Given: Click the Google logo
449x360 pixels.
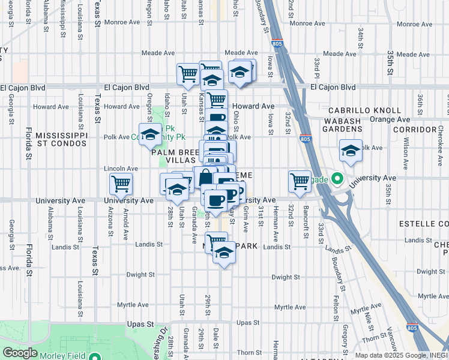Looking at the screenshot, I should click(x=20, y=353).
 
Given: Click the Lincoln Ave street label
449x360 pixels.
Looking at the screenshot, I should click(x=116, y=169).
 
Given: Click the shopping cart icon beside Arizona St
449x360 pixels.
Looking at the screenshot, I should click(x=121, y=183).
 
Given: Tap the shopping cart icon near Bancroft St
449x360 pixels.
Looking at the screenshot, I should click(x=300, y=181).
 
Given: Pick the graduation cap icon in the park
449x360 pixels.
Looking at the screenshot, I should click(x=150, y=133).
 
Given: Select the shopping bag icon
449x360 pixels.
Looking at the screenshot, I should click(x=205, y=177).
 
